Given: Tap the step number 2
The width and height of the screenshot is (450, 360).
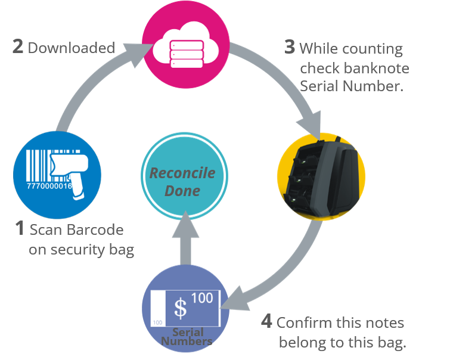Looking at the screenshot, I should (18, 47).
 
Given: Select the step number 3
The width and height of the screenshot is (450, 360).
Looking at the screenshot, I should (290, 48).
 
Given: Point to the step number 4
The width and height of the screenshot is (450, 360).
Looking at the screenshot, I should (268, 323).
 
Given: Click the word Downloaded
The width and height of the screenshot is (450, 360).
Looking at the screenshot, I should (72, 48).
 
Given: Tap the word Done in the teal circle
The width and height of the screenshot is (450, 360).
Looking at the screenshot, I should (182, 191).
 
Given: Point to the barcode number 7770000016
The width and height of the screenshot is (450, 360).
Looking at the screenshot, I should (49, 187).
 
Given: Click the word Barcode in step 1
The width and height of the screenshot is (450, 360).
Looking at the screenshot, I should (94, 230).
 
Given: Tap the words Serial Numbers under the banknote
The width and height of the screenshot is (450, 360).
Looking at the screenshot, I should (187, 337).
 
